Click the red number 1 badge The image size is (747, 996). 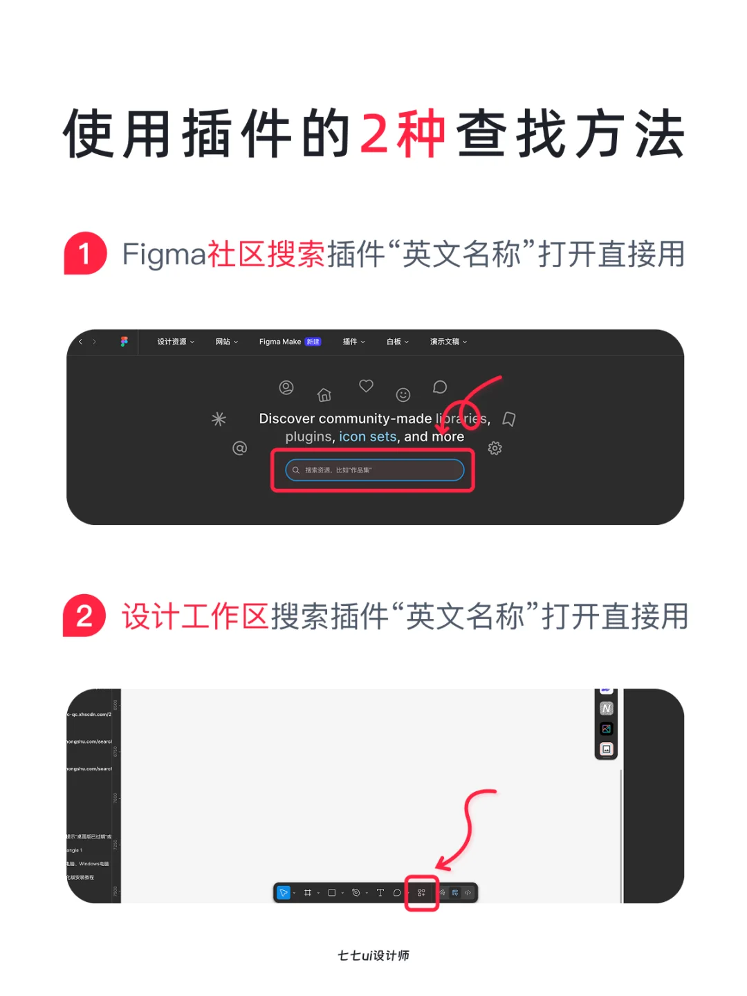(x=85, y=253)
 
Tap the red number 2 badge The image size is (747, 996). (x=84, y=616)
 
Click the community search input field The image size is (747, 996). (x=374, y=470)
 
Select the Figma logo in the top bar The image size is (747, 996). (x=124, y=342)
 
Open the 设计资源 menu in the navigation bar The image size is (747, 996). (x=175, y=342)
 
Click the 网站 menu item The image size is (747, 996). (x=226, y=342)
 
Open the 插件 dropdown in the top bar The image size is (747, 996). (x=353, y=342)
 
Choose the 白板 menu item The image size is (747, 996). (x=397, y=342)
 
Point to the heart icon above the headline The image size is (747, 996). (x=366, y=385)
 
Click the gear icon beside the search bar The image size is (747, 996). (x=495, y=448)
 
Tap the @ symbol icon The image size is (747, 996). (x=239, y=448)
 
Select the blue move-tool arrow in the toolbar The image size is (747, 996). (x=283, y=893)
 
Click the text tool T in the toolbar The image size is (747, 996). (x=380, y=893)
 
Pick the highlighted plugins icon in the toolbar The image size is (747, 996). (x=421, y=893)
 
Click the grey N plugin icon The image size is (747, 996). (x=607, y=708)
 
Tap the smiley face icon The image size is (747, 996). (x=403, y=395)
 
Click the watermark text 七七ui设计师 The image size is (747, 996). (x=373, y=955)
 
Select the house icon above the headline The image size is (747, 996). (x=324, y=395)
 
